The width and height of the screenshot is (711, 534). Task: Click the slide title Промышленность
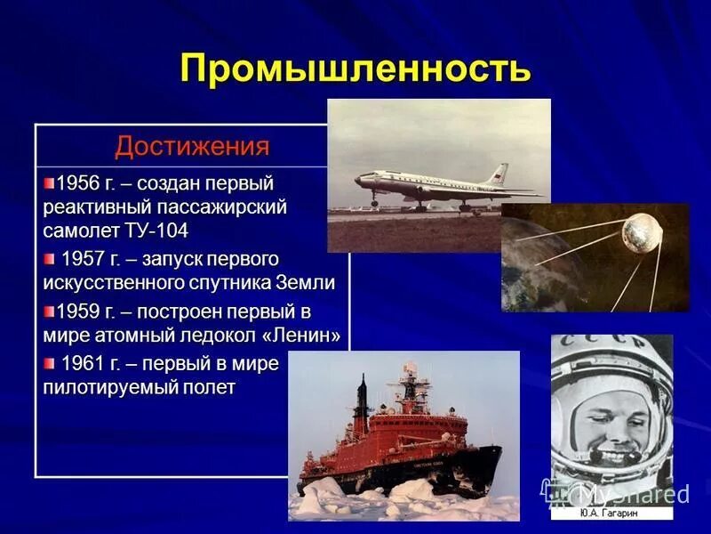355,69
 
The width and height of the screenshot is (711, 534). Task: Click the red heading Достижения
192,145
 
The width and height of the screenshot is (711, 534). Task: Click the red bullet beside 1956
49,182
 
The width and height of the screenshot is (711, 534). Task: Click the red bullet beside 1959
49,311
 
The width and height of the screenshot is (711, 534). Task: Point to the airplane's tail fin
499,174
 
